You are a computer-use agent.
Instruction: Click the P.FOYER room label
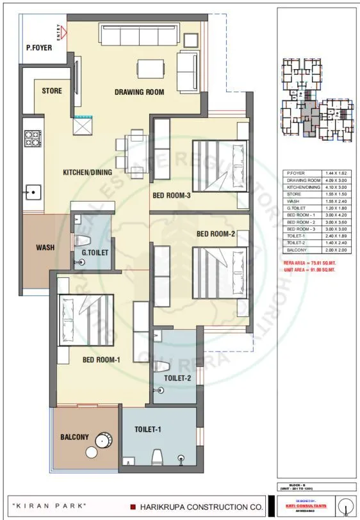(x=38, y=47)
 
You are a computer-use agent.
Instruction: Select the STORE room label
(x=52, y=91)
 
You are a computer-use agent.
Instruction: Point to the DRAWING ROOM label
(x=139, y=92)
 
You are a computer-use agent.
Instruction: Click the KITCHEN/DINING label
(x=87, y=172)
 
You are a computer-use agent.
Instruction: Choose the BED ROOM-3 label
(x=171, y=195)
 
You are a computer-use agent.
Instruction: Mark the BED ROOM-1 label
(x=102, y=360)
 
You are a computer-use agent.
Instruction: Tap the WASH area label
(x=45, y=247)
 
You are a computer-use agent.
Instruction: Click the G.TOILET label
(x=94, y=253)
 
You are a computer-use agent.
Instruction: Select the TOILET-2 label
(x=176, y=378)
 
